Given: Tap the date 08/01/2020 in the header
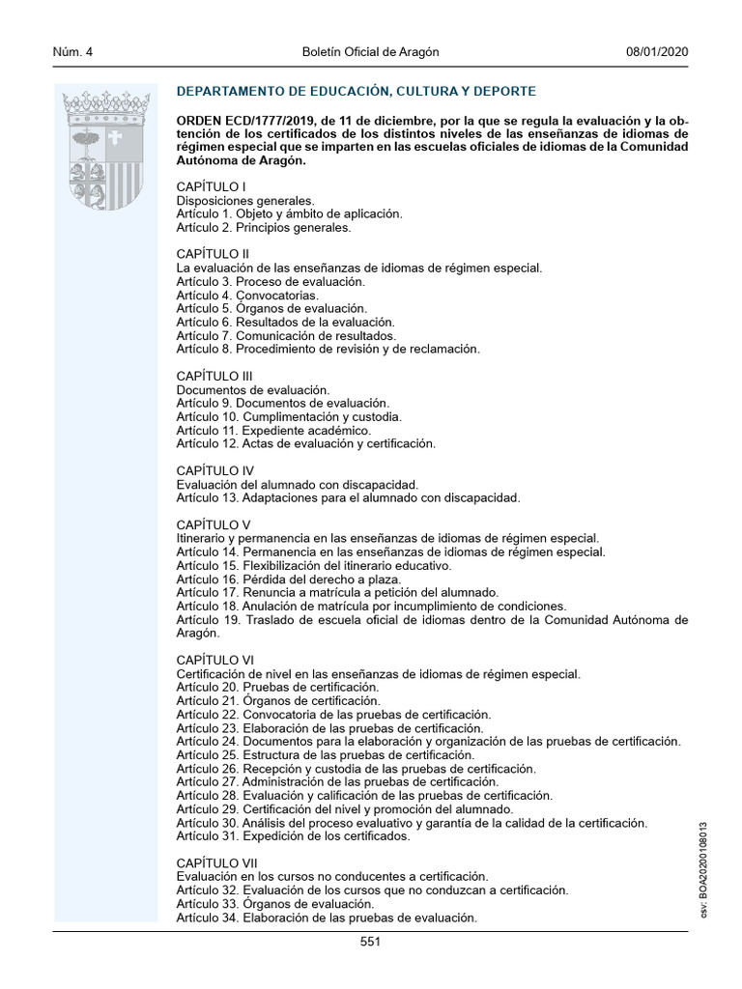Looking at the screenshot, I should [657, 52].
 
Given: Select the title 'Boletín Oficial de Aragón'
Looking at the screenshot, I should [370, 52].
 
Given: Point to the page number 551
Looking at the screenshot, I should [370, 942].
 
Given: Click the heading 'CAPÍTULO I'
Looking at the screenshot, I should [211, 185].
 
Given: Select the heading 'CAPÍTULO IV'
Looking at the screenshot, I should [214, 470].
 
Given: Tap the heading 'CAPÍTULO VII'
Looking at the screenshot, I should [216, 862].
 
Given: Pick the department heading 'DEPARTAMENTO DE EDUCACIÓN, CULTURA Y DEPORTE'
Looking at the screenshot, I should [356, 92].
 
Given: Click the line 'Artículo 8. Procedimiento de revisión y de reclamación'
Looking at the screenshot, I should [328, 349].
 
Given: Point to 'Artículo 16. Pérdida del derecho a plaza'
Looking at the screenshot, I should [281, 579].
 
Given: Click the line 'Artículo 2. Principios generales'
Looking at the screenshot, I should [263, 228].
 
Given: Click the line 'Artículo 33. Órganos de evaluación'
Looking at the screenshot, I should [274, 903].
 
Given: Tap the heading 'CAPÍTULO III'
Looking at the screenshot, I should [214, 376].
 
